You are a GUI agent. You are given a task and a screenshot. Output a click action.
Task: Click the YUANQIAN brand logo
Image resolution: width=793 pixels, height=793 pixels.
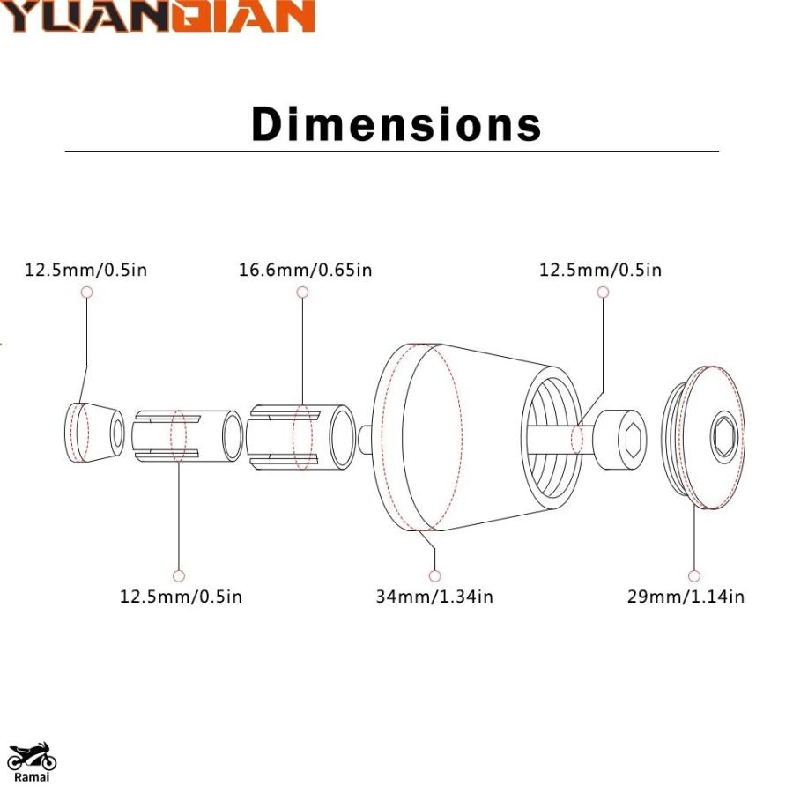click(x=157, y=16)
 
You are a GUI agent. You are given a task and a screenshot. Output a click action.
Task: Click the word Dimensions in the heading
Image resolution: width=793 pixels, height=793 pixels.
click(x=396, y=124)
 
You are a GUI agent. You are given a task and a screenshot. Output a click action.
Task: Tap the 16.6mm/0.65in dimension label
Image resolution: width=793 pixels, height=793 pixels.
click(x=306, y=270)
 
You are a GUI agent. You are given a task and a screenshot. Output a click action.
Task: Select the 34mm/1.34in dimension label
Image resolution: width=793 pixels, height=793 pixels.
click(x=434, y=597)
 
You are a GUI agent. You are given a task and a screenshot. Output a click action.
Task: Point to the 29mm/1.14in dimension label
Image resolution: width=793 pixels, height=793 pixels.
click(x=686, y=597)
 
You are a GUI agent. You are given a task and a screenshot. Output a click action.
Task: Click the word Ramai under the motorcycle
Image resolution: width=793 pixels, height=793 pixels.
click(x=32, y=777)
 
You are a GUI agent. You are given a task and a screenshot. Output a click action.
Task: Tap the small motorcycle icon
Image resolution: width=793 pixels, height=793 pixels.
click(x=32, y=756)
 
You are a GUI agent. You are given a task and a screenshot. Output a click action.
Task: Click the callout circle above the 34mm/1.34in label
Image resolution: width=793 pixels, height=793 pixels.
click(x=434, y=575)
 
